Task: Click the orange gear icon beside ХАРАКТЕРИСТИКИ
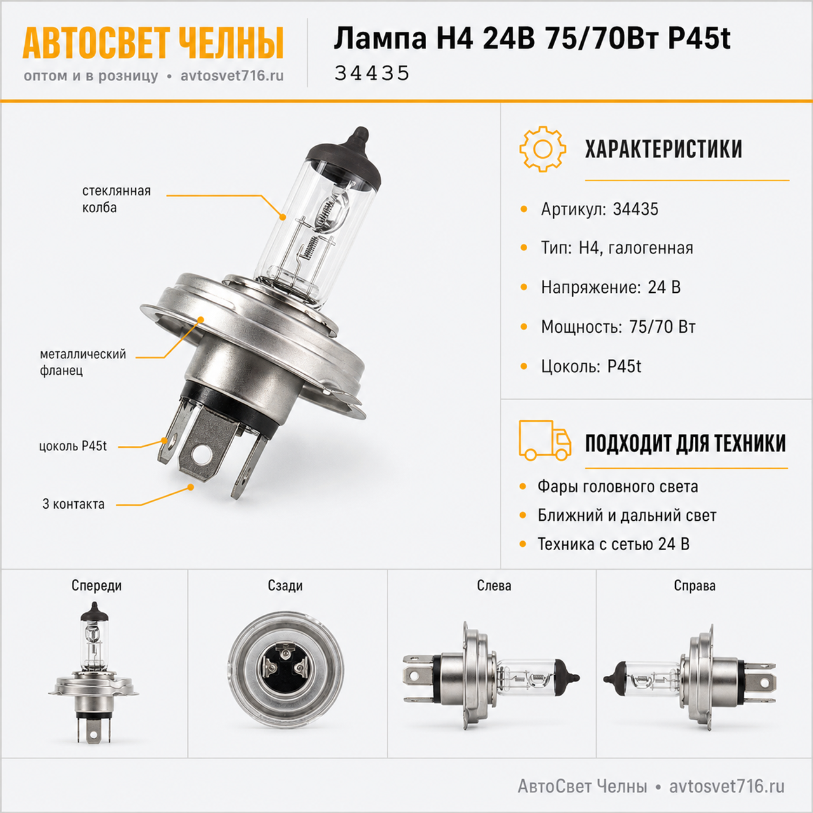542,149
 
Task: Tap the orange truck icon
545,440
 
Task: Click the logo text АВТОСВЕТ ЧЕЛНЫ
152,43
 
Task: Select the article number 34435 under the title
372,73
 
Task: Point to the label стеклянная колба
116,199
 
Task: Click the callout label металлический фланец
83,362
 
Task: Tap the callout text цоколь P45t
73,446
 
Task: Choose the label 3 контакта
74,504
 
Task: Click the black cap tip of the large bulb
360,136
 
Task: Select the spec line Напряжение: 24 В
610,287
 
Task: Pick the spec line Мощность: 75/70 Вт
618,326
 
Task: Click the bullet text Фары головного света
617,487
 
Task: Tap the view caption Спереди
97,585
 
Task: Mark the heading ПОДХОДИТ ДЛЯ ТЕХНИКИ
685,443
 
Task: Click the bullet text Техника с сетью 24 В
614,544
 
